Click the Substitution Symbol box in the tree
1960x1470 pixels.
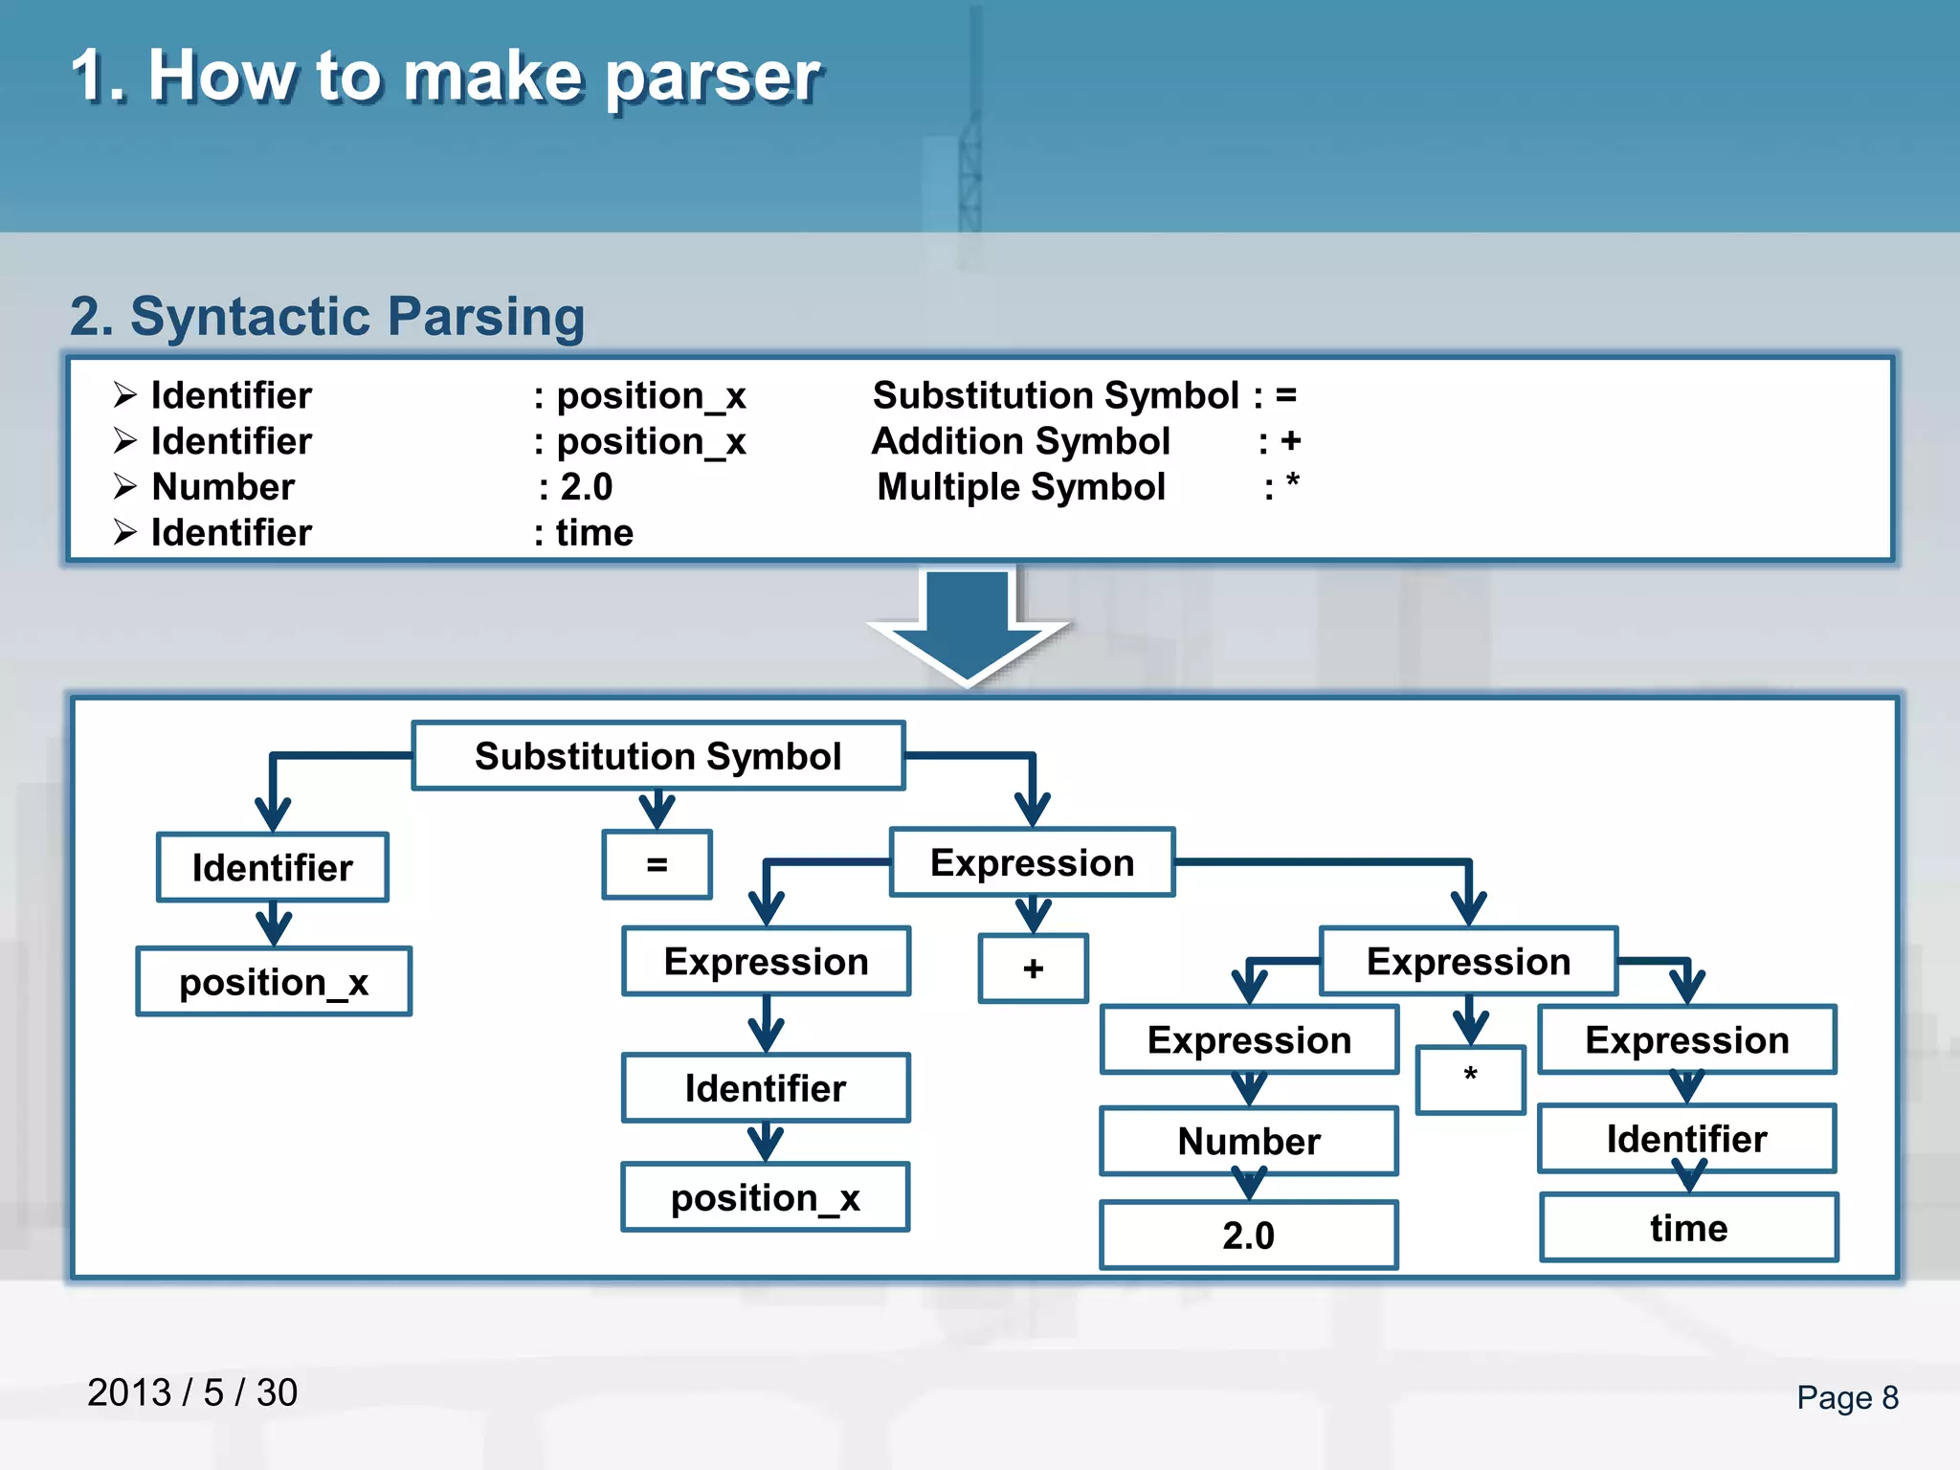[x=657, y=756]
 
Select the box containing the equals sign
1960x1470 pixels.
[x=657, y=864]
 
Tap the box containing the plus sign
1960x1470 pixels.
[x=1033, y=969]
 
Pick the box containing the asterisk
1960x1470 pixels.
[x=1470, y=1079]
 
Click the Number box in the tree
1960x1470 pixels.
[x=1249, y=1141]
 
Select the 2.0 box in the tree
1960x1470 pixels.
[x=1249, y=1235]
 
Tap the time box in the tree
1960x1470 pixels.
[x=1688, y=1228]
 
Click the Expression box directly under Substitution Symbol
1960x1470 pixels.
[x=1032, y=862]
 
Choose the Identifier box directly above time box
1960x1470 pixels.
[x=1686, y=1139]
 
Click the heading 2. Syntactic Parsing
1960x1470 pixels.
[x=327, y=316]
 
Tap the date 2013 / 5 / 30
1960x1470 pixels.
[x=192, y=1392]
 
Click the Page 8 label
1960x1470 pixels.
[x=1847, y=1397]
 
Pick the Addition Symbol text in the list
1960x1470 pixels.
[x=1020, y=441]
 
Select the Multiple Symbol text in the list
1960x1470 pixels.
[x=1021, y=487]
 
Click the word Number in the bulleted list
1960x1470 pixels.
[x=223, y=487]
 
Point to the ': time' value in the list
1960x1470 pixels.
[x=585, y=533]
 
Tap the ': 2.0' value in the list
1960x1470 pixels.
[x=575, y=487]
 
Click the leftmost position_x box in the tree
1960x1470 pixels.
[x=274, y=982]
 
